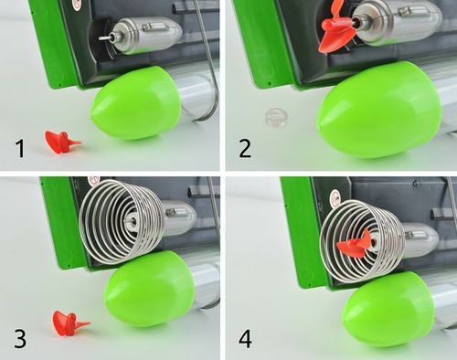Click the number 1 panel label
[20, 148]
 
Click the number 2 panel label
[245, 148]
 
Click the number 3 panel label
[20, 339]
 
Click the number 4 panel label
[245, 339]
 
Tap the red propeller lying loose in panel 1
[62, 143]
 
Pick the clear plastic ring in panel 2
[276, 117]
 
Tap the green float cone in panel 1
[136, 103]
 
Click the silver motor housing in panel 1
[146, 35]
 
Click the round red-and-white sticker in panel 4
[335, 195]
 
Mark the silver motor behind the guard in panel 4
[419, 240]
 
